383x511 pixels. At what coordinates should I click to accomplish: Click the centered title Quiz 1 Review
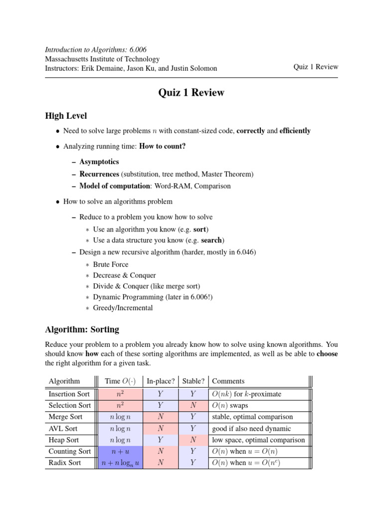[x=191, y=93]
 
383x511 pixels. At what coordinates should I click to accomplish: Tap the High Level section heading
[x=66, y=116]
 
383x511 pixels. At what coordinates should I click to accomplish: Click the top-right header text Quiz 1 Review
[x=315, y=67]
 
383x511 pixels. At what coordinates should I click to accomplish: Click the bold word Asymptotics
[x=99, y=162]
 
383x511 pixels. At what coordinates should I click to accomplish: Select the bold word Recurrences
[x=99, y=174]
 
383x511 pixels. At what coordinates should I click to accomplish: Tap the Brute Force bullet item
[x=111, y=264]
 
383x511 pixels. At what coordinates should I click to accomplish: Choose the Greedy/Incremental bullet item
[x=123, y=308]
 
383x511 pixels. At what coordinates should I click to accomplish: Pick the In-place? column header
[x=161, y=381]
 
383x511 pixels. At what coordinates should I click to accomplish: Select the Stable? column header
[x=193, y=381]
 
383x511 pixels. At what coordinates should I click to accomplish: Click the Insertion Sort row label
[x=69, y=394]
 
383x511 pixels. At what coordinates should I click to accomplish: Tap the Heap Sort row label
[x=64, y=440]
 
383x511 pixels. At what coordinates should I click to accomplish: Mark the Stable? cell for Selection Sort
[x=193, y=406]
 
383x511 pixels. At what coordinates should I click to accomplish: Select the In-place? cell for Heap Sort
[x=161, y=440]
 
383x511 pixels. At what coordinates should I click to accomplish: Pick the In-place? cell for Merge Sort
[x=161, y=417]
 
